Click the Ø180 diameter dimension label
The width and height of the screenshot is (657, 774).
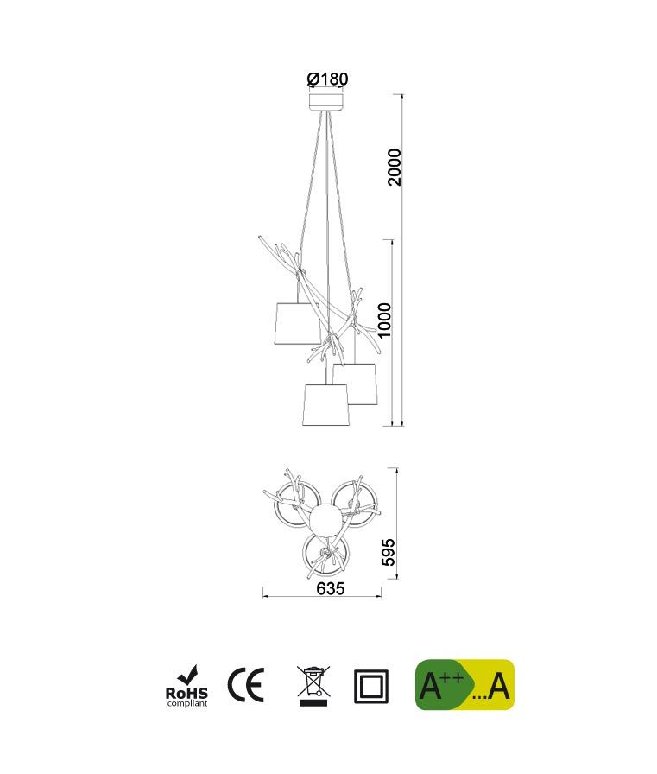[327, 79]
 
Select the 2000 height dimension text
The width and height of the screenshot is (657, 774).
[395, 167]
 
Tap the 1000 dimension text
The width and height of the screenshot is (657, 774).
[383, 320]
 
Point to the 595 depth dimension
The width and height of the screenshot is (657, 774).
[389, 552]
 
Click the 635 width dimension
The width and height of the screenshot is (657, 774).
[331, 588]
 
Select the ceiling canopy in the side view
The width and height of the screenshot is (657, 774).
[326, 102]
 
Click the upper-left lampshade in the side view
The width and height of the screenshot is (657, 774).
[298, 324]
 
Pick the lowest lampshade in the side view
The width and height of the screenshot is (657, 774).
[326, 405]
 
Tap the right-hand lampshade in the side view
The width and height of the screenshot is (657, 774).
[355, 384]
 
